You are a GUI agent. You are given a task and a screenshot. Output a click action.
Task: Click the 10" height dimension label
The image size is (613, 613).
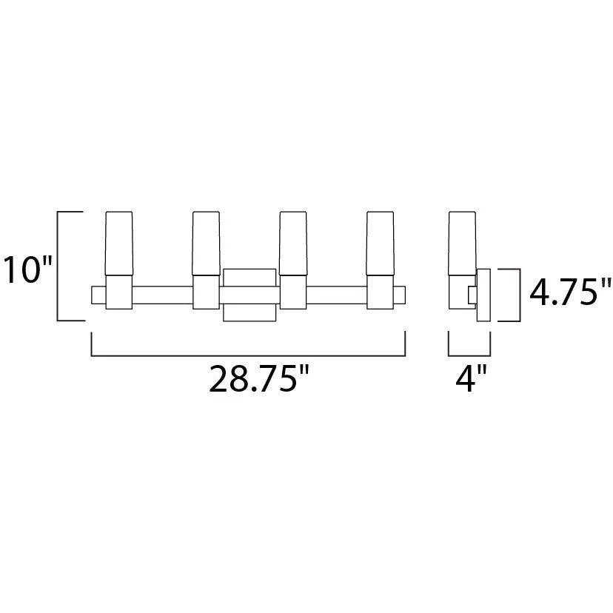27,269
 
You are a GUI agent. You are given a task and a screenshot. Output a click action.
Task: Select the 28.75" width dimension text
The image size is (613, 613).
259,378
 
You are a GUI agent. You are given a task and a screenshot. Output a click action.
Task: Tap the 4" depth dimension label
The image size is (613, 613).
471,378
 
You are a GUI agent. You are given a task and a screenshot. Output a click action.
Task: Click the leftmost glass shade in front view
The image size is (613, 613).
119,244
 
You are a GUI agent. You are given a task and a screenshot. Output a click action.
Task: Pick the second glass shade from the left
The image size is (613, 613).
206,244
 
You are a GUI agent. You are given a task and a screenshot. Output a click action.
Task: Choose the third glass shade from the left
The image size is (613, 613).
293,244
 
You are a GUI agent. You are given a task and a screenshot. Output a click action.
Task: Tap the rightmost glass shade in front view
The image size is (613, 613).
380,244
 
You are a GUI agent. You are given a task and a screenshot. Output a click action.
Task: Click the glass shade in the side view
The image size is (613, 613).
463,244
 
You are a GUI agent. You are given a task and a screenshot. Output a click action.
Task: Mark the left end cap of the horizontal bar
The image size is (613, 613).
98,295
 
